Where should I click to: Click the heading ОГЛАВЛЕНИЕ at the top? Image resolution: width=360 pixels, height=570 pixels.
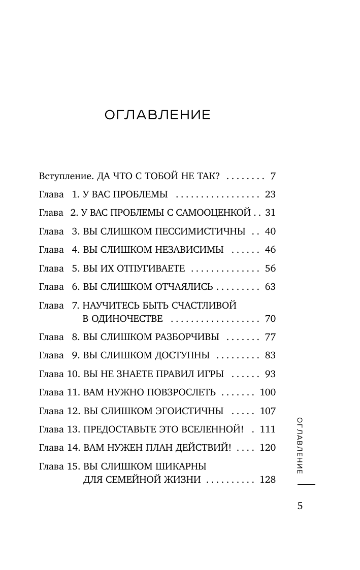pyautogui.click(x=157, y=115)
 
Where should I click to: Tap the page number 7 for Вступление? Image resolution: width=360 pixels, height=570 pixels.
pyautogui.click(x=273, y=176)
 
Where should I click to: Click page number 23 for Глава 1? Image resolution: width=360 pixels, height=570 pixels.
pyautogui.click(x=270, y=194)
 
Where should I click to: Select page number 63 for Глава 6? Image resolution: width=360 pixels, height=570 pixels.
pyautogui.click(x=270, y=287)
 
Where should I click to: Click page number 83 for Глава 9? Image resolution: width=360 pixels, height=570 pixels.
pyautogui.click(x=270, y=355)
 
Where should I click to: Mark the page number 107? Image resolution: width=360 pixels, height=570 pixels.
pyautogui.click(x=268, y=411)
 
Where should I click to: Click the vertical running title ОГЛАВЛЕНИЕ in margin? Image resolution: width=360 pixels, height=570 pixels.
pyautogui.click(x=300, y=445)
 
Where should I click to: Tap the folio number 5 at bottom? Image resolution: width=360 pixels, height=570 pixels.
pyautogui.click(x=300, y=506)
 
